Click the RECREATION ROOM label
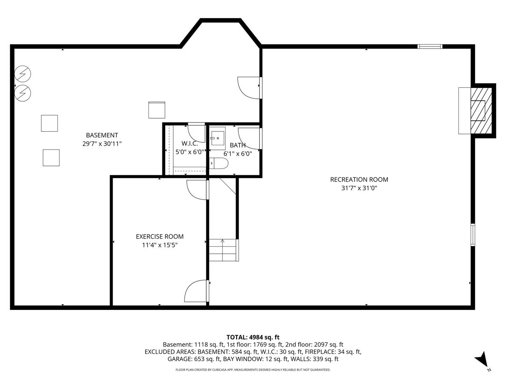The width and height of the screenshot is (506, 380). [359, 179]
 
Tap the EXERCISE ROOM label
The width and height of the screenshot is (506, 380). [159, 236]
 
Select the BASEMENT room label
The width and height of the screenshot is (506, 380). [102, 135]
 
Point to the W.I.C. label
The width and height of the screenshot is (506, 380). [190, 144]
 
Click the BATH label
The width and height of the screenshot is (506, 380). [238, 145]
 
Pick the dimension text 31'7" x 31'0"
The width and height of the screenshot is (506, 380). [359, 188]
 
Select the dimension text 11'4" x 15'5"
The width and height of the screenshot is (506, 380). [159, 245]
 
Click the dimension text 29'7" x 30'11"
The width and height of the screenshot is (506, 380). [102, 144]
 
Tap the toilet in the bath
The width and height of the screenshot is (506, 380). [219, 163]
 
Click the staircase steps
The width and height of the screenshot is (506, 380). [223, 250]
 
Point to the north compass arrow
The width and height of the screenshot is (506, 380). [482, 360]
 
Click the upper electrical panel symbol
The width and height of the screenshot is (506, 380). [23, 75]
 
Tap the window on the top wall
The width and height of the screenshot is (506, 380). [430, 46]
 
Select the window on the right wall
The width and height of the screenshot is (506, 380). [473, 234]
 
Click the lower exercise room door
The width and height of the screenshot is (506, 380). [196, 291]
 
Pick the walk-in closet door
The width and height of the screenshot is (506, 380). [196, 133]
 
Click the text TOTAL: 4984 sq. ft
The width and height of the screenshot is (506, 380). [253, 337]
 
